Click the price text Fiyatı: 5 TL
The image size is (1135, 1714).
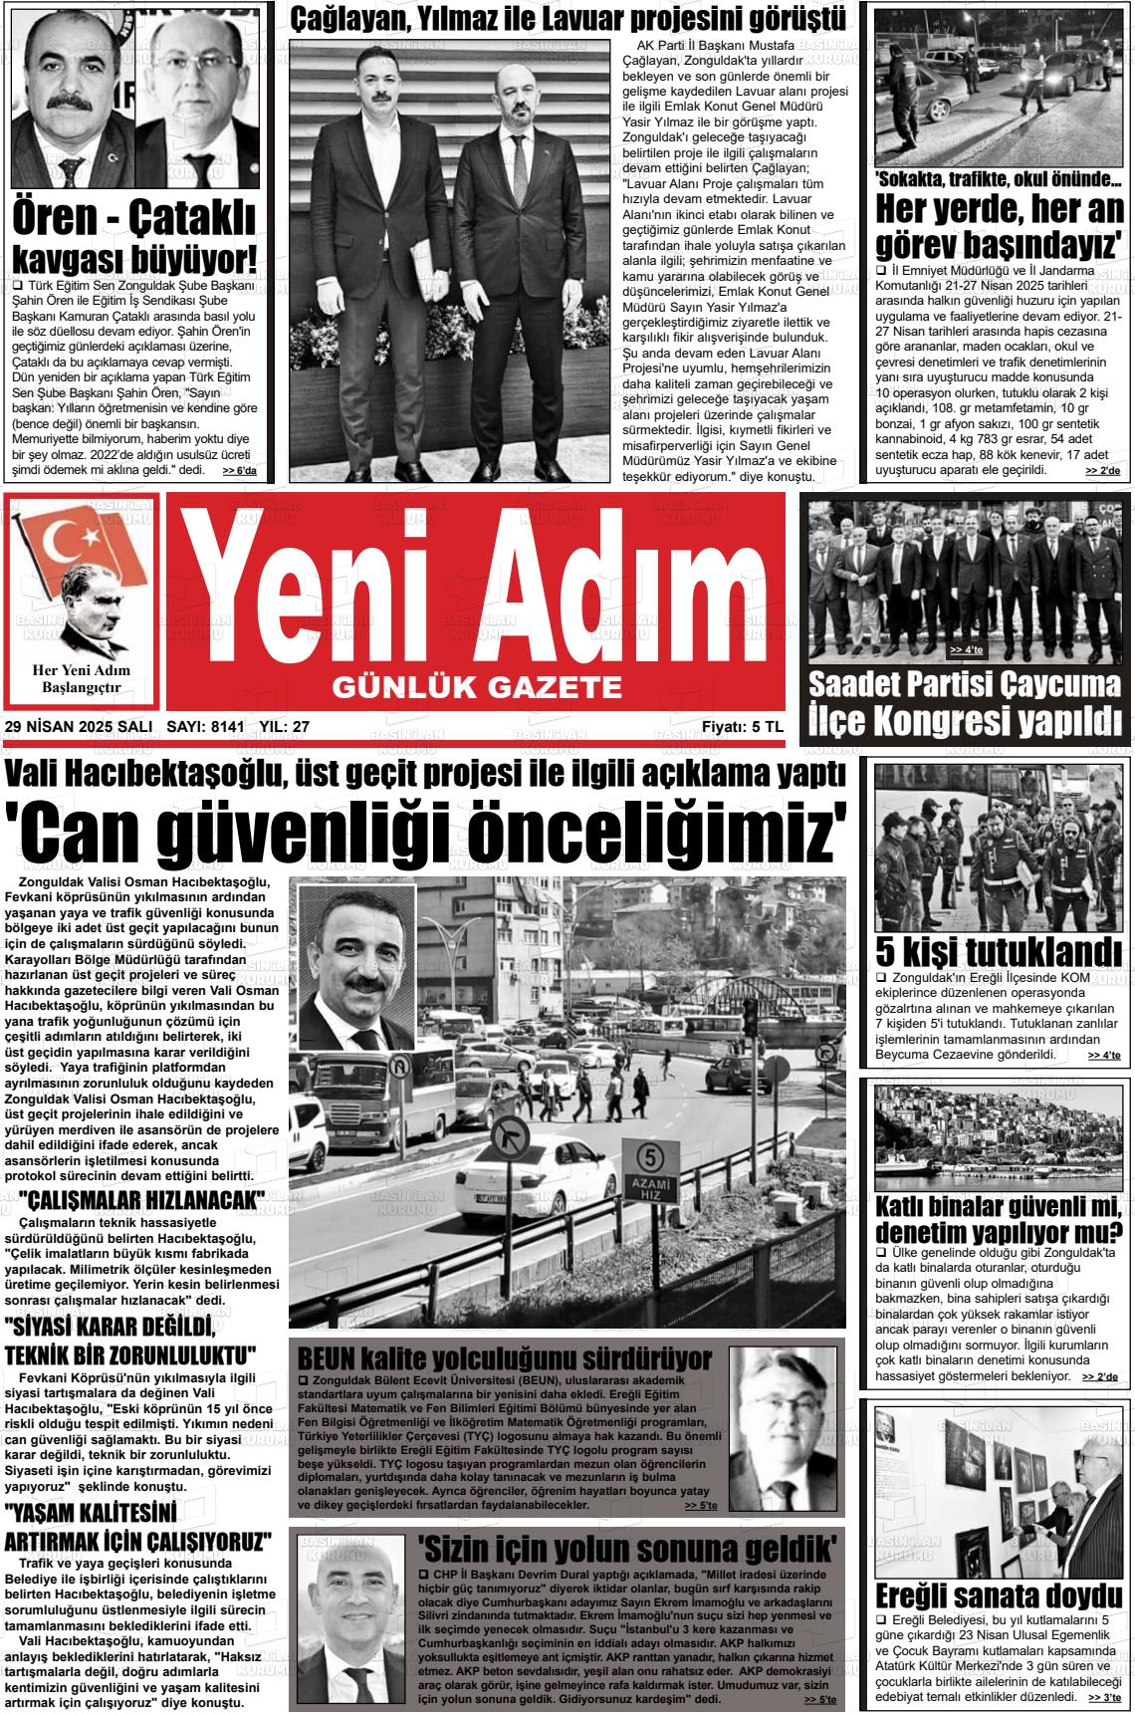[742, 727]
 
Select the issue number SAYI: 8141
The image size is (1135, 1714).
[205, 727]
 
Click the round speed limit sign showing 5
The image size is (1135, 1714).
[651, 1157]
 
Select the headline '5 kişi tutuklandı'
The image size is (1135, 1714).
[998, 950]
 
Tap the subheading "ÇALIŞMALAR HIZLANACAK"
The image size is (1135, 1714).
[147, 1199]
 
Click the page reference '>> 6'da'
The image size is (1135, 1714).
[239, 470]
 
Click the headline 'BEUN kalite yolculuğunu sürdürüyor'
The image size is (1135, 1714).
[505, 1358]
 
